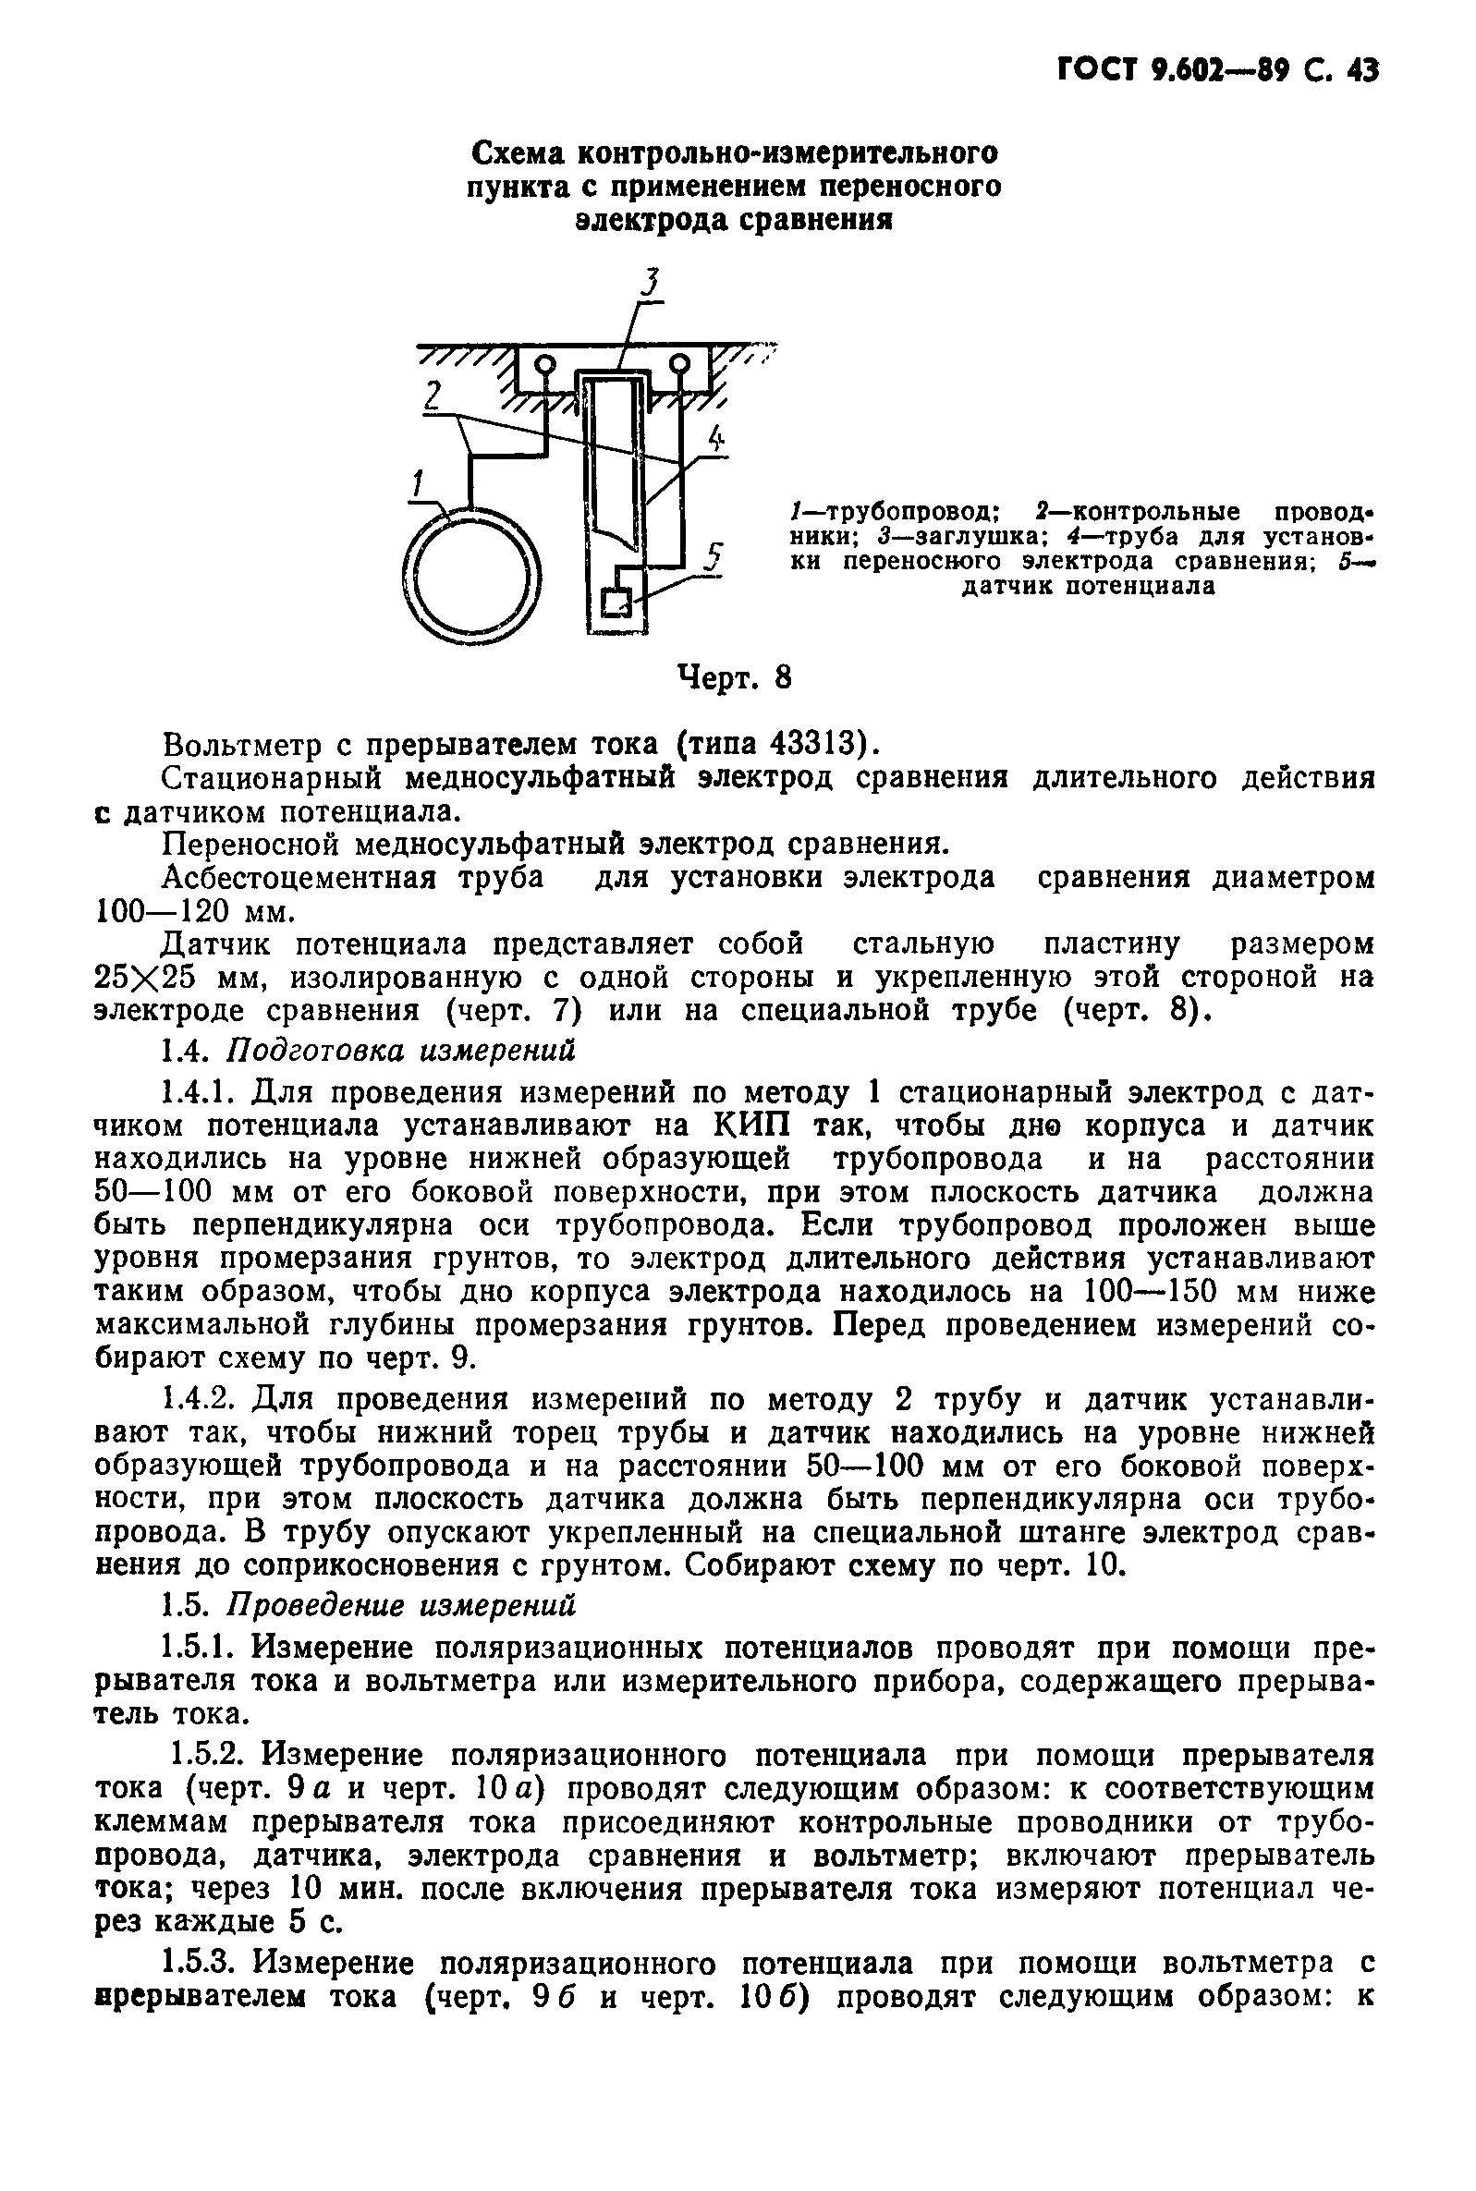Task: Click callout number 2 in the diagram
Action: pyautogui.click(x=432, y=396)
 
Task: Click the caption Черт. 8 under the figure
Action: pyautogui.click(x=735, y=677)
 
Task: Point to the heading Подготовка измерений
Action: pyautogui.click(x=402, y=1051)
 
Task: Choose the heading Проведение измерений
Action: pyautogui.click(x=402, y=1604)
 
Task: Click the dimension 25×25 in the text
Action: pyautogui.click(x=144, y=979)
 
